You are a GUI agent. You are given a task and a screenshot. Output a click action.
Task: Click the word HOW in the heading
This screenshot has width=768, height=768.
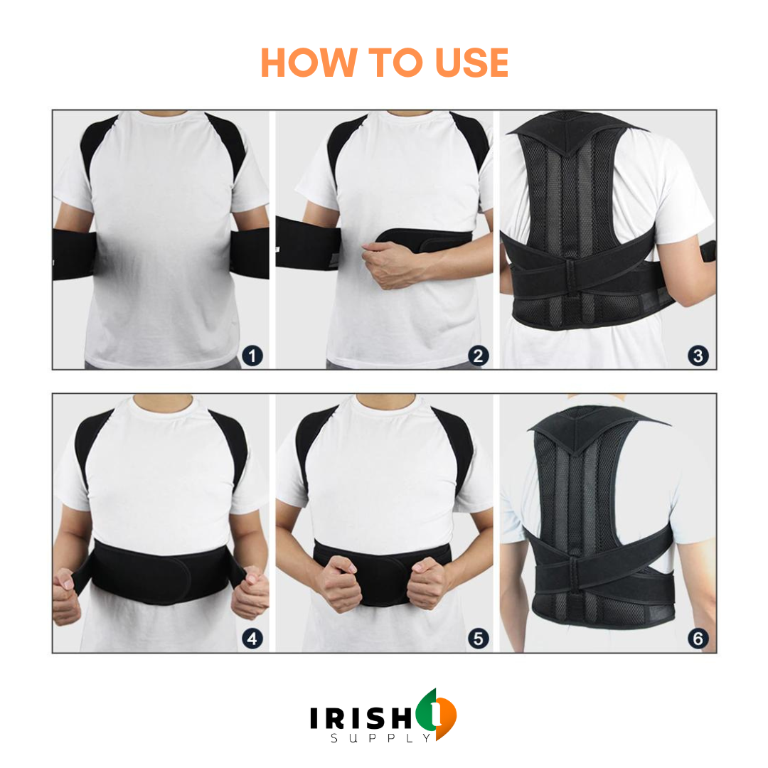[309, 63]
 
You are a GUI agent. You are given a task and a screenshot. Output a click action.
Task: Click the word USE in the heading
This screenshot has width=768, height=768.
[471, 63]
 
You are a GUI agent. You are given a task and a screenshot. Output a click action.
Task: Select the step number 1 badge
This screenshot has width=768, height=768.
[252, 356]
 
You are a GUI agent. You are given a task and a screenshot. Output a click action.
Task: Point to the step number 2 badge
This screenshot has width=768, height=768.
[478, 356]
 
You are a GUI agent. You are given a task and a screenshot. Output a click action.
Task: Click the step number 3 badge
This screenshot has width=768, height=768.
[698, 356]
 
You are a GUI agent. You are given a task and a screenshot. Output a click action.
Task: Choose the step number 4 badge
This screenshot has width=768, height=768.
[252, 639]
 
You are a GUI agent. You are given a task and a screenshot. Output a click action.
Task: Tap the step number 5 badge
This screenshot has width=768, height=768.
[478, 639]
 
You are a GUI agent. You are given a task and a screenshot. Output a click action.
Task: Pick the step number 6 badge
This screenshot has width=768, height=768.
[698, 639]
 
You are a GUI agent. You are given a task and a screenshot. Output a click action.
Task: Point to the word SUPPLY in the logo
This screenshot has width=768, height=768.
[380, 737]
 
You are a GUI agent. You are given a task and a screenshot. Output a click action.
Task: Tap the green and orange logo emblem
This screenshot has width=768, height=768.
[436, 714]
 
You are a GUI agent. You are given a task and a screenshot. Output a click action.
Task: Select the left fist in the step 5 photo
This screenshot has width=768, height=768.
[341, 583]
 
